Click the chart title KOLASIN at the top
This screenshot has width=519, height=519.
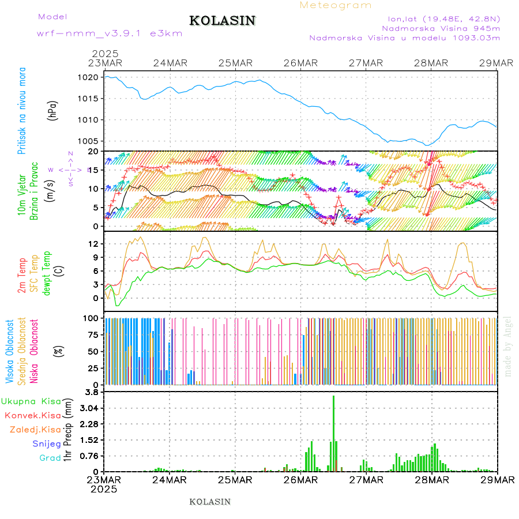pyautogui.click(x=223, y=21)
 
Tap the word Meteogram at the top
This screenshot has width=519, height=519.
pyautogui.click(x=336, y=5)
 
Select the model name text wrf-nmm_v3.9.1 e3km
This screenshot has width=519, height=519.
pyautogui.click(x=109, y=33)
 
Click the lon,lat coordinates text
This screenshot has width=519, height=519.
pyautogui.click(x=443, y=18)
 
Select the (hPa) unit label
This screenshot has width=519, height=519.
pyautogui.click(x=54, y=110)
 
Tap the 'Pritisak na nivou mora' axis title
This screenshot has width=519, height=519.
pyautogui.click(x=22, y=111)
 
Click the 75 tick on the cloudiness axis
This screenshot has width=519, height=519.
pyautogui.click(x=92, y=334)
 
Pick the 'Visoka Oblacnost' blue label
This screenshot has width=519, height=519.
pyautogui.click(x=10, y=352)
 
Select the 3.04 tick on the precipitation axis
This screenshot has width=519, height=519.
pyautogui.click(x=89, y=408)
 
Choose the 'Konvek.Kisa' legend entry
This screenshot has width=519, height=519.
pyautogui.click(x=33, y=415)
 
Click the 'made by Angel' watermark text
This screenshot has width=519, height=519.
pyautogui.click(x=508, y=346)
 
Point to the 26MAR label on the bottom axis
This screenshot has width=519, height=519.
pyautogui.click(x=300, y=480)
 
